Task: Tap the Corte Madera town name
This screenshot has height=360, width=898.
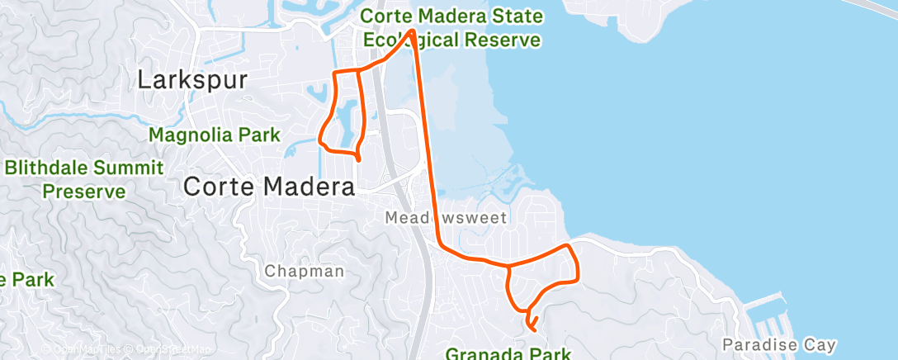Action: (x=269, y=187)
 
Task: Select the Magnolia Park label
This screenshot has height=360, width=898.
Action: (x=215, y=135)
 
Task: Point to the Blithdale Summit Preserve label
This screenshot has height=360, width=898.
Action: (x=83, y=180)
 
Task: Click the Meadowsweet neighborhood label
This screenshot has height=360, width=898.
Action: (x=447, y=218)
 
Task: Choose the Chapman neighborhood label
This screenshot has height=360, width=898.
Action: (x=305, y=271)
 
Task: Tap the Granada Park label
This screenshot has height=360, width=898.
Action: (x=509, y=354)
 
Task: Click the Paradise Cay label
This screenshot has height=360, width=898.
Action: (x=779, y=344)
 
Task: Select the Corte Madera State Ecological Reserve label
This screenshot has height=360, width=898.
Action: (x=451, y=28)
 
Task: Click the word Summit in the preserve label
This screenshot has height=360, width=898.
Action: (x=127, y=168)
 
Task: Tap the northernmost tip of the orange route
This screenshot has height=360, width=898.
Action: (x=410, y=31)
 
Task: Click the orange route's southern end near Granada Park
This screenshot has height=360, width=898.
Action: (x=534, y=329)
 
